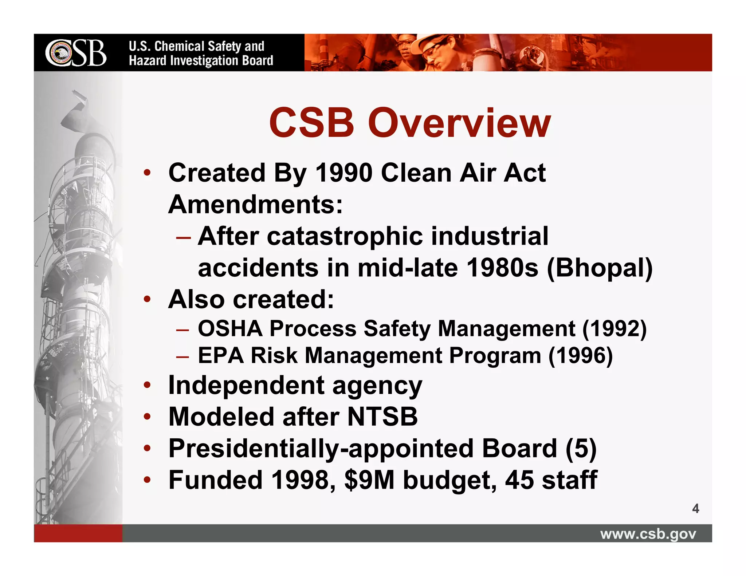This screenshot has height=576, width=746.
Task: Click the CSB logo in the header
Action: (76, 53)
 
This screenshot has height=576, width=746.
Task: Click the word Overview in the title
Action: (459, 123)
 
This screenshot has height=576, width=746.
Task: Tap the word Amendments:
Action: (255, 204)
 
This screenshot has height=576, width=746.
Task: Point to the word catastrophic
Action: (345, 237)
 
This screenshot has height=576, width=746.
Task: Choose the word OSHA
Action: (230, 328)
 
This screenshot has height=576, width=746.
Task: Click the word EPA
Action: (220, 355)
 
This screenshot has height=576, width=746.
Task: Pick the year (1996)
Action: (580, 355)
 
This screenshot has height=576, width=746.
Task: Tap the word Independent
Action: (246, 385)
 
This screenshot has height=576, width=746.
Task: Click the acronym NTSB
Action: (382, 417)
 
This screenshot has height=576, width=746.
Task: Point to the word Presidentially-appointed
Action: (321, 449)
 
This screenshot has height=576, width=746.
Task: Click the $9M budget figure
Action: (369, 480)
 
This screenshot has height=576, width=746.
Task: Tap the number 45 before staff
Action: (519, 480)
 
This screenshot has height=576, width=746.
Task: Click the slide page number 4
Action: (695, 509)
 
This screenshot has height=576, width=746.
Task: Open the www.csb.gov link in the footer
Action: (648, 534)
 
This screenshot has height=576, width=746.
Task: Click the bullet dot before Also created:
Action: (147, 300)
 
